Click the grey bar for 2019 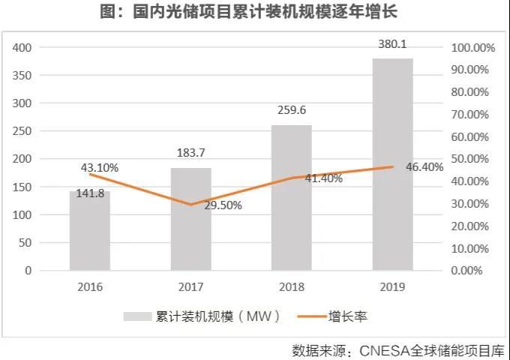pyautogui.click(x=392, y=164)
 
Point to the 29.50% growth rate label pyautogui.click(x=222, y=205)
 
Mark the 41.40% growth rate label pyautogui.click(x=323, y=178)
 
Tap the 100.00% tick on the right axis pyautogui.click(x=473, y=47)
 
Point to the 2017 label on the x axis pyautogui.click(x=190, y=286)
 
